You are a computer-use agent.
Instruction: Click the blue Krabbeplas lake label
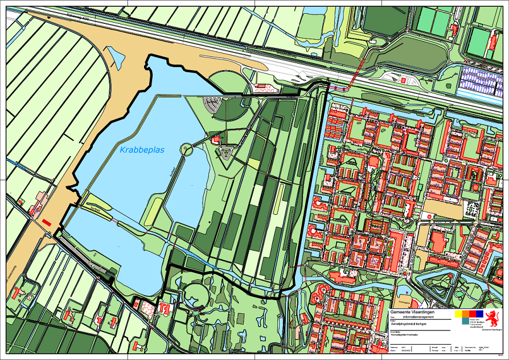tap(142, 150)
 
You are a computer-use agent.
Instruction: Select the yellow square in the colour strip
tap(458, 313)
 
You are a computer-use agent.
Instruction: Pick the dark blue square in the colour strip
tap(480, 313)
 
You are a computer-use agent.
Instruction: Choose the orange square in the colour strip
tap(466, 313)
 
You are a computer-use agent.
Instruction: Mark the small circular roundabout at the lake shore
tap(186, 150)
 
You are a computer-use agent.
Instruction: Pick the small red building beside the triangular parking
tap(216, 140)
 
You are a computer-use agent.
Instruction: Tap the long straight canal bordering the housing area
tap(314, 188)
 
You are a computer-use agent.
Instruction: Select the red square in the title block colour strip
tap(473, 313)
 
